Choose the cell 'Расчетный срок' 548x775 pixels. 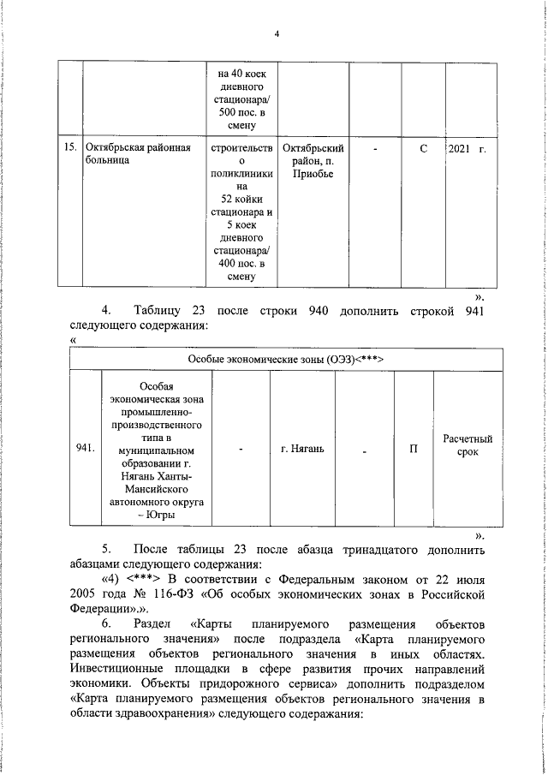click(468, 444)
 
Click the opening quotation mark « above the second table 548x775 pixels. click(72, 339)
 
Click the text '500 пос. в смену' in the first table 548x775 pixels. click(242, 119)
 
